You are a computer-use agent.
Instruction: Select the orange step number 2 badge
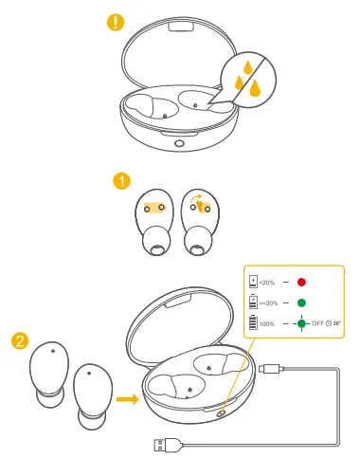pyautogui.click(x=18, y=339)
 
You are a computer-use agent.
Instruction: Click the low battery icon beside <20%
pyautogui.click(x=253, y=283)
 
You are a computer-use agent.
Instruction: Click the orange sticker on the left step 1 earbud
pyautogui.click(x=153, y=204)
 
